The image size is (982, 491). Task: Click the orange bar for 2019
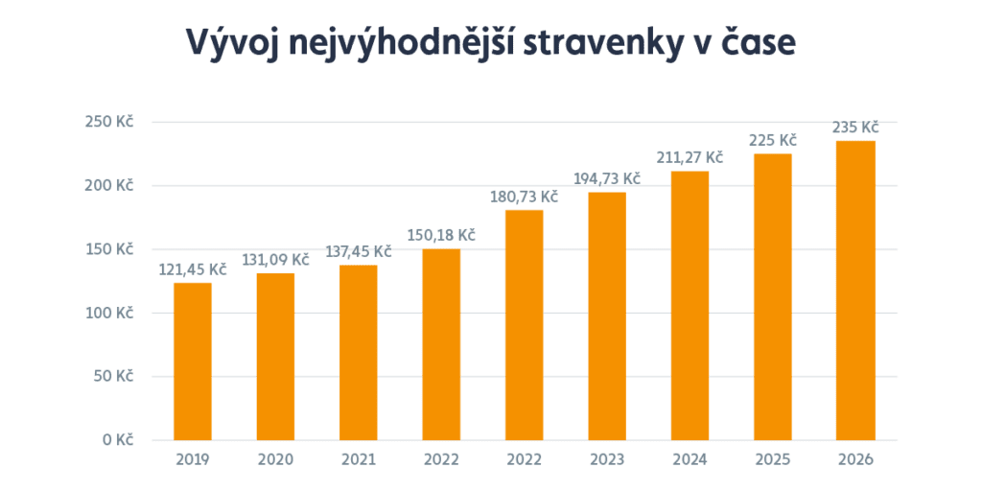(x=193, y=361)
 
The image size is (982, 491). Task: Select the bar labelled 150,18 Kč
(x=441, y=344)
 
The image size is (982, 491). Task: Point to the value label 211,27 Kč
(x=690, y=156)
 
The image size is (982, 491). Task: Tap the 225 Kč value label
(x=773, y=140)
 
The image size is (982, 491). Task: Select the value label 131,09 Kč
(x=275, y=259)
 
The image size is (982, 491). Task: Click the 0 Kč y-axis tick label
(x=119, y=440)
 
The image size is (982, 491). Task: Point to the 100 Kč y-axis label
(x=112, y=313)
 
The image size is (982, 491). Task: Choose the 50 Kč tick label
(x=116, y=376)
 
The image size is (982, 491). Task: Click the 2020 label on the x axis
(x=275, y=459)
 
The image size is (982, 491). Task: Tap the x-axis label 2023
(x=607, y=459)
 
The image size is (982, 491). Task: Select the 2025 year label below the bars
(x=773, y=459)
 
